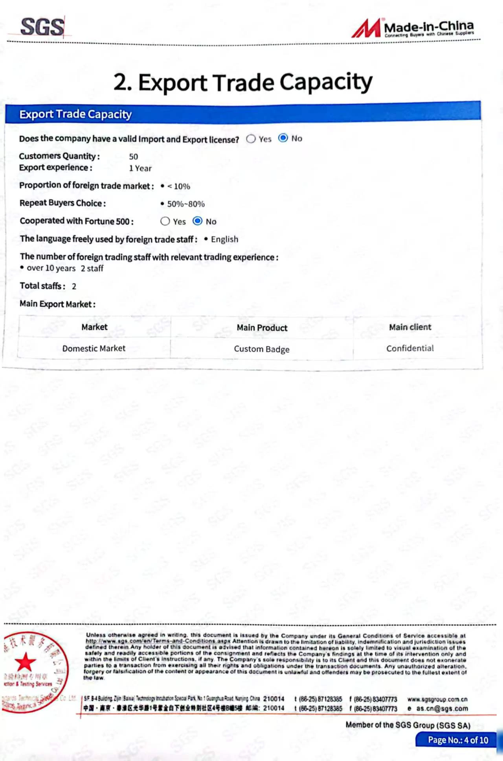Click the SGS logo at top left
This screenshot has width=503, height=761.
[x=42, y=27]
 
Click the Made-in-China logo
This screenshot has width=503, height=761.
[x=413, y=28]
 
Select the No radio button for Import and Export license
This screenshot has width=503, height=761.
[x=283, y=138]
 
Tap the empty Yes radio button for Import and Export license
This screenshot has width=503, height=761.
[x=251, y=139]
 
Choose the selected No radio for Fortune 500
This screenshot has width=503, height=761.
[x=198, y=221]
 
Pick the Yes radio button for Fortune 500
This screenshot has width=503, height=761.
[x=165, y=221]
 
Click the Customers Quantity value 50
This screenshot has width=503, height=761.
[x=134, y=156]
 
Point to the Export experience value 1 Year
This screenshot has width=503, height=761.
[x=140, y=168]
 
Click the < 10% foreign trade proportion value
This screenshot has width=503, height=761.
[x=179, y=186]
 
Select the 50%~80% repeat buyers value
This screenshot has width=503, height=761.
[x=186, y=204]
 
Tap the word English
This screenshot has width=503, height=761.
[x=224, y=239]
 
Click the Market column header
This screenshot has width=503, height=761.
[x=94, y=327]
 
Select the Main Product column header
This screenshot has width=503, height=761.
[x=262, y=328]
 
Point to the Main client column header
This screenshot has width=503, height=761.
[x=410, y=327]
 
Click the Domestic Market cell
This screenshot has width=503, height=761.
[x=94, y=348]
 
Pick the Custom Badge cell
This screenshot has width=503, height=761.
[x=262, y=349]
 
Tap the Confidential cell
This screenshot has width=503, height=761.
[x=410, y=348]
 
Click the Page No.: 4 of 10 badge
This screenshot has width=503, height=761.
[x=458, y=740]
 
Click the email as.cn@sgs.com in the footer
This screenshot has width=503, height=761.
[x=442, y=708]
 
